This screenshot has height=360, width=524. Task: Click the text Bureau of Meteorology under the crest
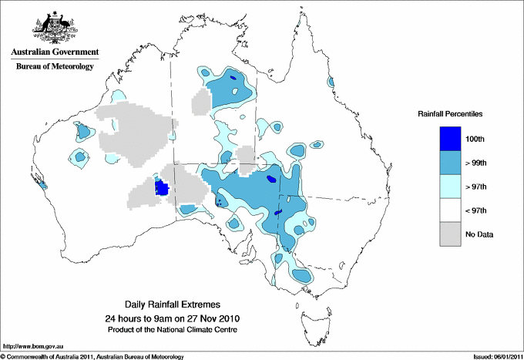tap(55, 67)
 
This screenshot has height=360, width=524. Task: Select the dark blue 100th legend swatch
tap(450, 138)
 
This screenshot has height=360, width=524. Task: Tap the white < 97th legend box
tap(450, 210)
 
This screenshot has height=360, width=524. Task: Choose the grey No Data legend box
tap(450, 234)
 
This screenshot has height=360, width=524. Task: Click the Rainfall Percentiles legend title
tap(450, 113)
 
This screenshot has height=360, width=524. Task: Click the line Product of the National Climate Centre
tap(177, 329)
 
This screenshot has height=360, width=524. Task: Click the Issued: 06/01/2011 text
tap(494, 356)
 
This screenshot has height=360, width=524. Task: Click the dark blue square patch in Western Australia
tap(162, 187)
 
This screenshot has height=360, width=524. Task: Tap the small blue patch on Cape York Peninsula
tap(331, 82)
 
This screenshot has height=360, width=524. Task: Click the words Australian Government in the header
tap(55, 52)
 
